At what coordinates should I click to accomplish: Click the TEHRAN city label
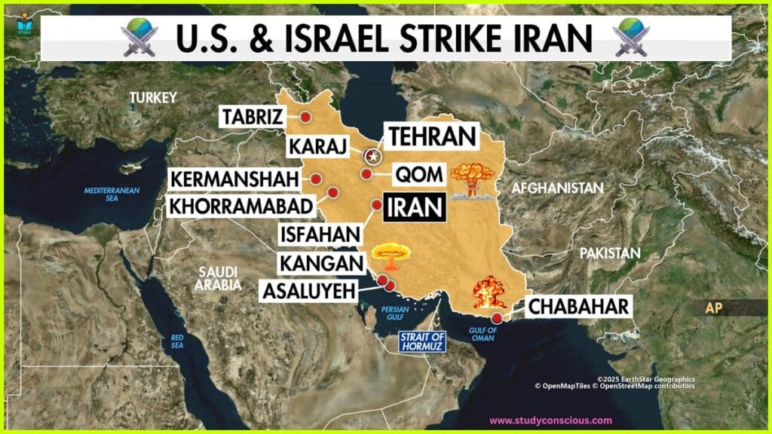click(433, 136)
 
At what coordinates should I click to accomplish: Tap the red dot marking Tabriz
click(305, 117)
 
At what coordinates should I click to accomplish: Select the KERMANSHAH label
click(234, 179)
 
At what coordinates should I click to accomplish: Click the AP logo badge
click(713, 308)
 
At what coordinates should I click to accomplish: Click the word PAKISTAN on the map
click(609, 253)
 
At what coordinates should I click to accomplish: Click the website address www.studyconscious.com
click(551, 420)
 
